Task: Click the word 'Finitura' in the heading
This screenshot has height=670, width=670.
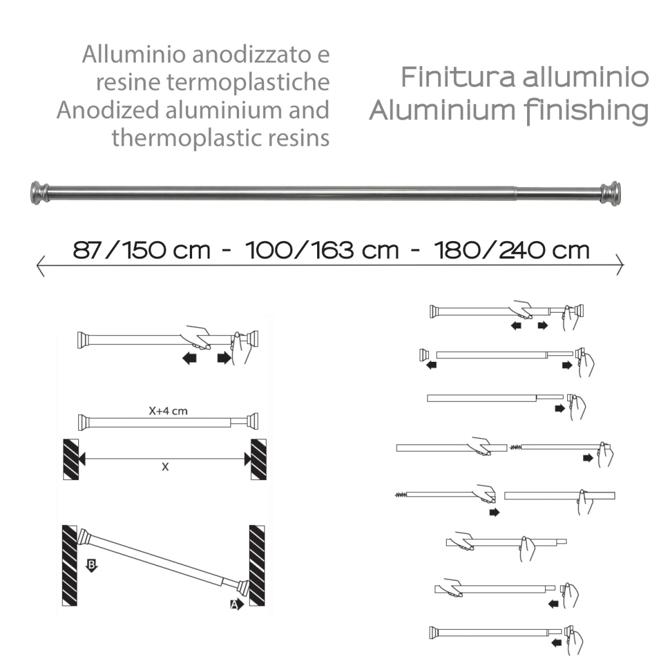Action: pyautogui.click(x=457, y=77)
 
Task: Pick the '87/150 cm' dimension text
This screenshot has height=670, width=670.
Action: pyautogui.click(x=142, y=250)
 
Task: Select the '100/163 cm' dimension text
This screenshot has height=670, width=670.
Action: pyautogui.click(x=322, y=250)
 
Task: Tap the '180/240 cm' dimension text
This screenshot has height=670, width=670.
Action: pyautogui.click(x=511, y=250)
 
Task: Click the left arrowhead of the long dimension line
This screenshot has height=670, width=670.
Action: pyautogui.click(x=40, y=265)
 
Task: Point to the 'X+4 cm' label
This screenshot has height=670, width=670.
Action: pyautogui.click(x=168, y=411)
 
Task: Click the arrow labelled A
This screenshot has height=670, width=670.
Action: pyautogui.click(x=237, y=604)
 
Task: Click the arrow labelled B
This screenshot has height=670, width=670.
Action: pyautogui.click(x=92, y=565)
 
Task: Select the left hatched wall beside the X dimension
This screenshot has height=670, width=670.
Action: pyautogui.click(x=70, y=459)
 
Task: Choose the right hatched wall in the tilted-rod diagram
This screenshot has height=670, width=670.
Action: pyautogui.click(x=257, y=565)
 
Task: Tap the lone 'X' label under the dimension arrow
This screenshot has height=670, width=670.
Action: pyautogui.click(x=165, y=467)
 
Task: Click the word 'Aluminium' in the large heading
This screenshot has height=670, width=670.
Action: pyautogui.click(x=442, y=111)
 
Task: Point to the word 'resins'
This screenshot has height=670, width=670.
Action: pyautogui.click(x=306, y=137)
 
